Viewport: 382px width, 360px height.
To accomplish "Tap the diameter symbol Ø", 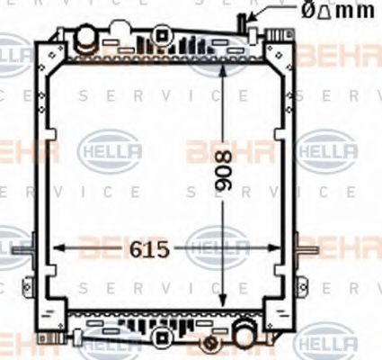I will pos(307,12).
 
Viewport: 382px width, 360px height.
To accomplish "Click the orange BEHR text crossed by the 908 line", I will pos(216,150).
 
